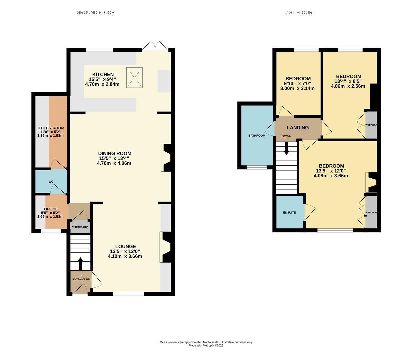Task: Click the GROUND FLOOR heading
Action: click(x=95, y=12)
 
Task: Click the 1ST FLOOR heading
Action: click(x=299, y=12)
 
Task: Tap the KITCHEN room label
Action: click(x=103, y=74)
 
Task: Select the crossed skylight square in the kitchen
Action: click(x=135, y=78)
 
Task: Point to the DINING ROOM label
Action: click(x=115, y=153)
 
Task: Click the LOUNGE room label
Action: click(x=126, y=246)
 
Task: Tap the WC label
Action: click(x=51, y=182)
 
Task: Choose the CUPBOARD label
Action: click(x=80, y=227)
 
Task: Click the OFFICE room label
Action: click(x=51, y=209)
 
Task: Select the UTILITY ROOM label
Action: click(x=51, y=128)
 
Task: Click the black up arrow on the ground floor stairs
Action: click(x=80, y=264)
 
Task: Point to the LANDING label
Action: click(x=298, y=127)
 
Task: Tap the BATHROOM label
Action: click(x=257, y=136)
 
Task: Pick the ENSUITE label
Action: click(x=289, y=213)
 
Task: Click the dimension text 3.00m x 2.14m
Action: click(x=297, y=88)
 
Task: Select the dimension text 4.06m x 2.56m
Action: click(x=348, y=86)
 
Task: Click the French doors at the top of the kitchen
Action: click(x=155, y=46)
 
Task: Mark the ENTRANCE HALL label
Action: click(x=83, y=279)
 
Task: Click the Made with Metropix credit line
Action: click(x=206, y=346)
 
